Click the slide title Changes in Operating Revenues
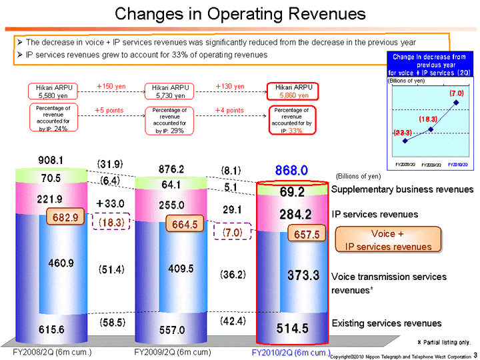click(x=239, y=14)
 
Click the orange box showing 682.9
click(x=65, y=218)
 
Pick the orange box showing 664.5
click(x=184, y=225)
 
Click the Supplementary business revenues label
click(x=402, y=190)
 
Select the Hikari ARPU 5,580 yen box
click(x=53, y=91)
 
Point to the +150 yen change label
click(x=111, y=87)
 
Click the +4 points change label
click(x=229, y=110)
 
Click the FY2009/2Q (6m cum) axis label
click(x=173, y=351)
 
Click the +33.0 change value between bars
click(x=111, y=203)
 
